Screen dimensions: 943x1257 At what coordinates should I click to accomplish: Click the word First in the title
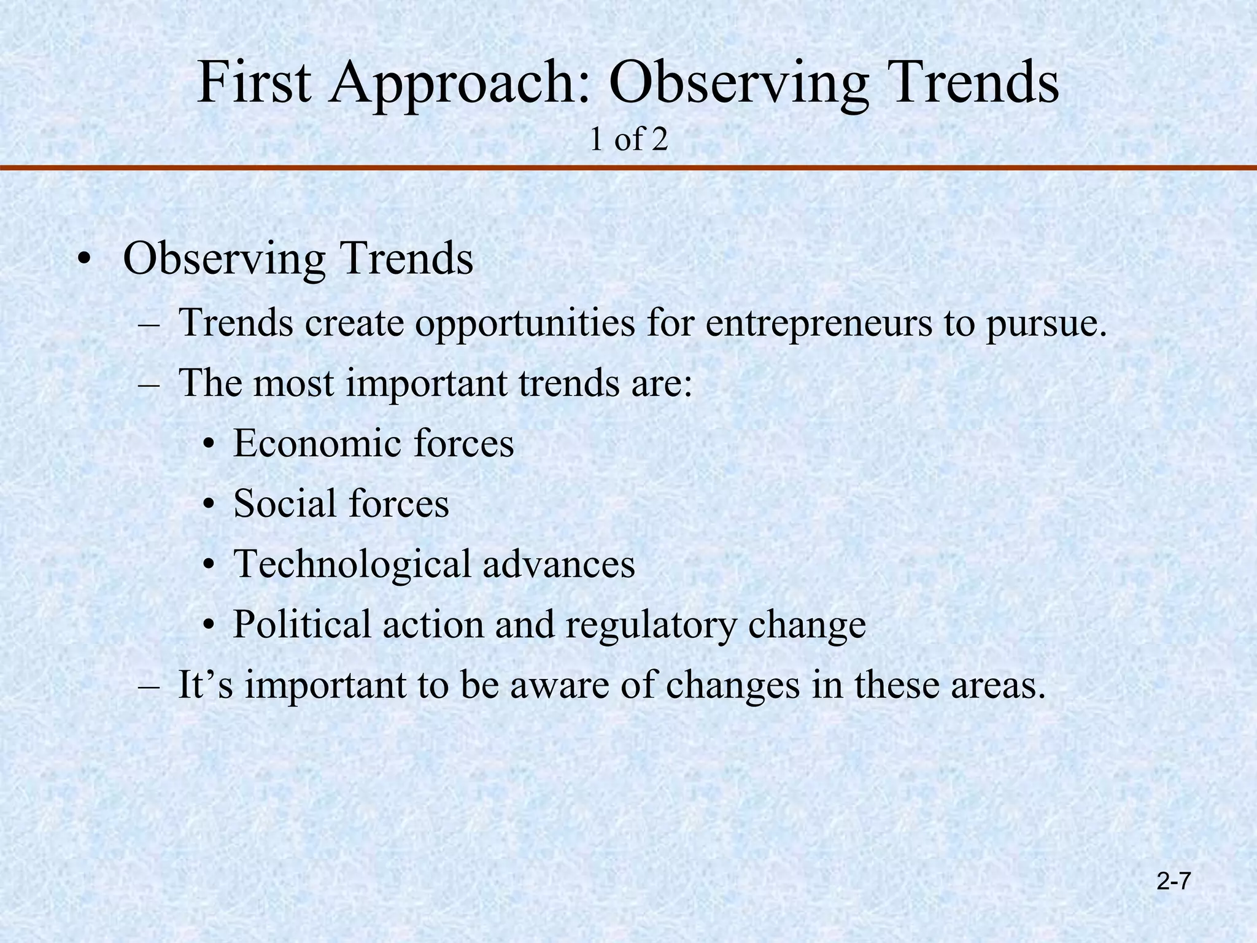(253, 83)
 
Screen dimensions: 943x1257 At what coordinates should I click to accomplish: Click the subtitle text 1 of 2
(628, 140)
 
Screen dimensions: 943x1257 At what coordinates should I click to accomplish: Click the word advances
(559, 564)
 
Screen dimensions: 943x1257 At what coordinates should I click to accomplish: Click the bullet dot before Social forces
(209, 505)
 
